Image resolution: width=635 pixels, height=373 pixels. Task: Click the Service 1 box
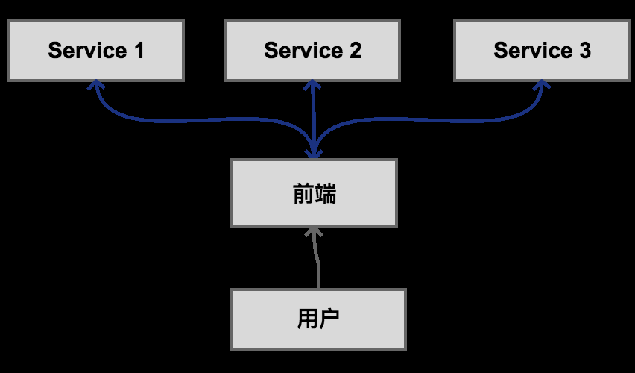(x=95, y=51)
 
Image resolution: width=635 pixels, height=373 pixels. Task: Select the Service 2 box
(x=312, y=51)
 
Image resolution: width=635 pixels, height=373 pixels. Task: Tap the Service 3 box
(x=542, y=51)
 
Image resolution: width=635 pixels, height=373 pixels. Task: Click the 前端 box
(x=313, y=192)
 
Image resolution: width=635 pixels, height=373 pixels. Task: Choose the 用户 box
(x=317, y=319)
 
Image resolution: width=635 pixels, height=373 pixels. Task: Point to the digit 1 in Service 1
(x=139, y=51)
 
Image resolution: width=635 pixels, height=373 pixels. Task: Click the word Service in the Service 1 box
(x=87, y=51)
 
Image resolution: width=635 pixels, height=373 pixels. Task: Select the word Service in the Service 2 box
(x=303, y=51)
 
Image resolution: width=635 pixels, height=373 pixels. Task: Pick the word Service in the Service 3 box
(x=532, y=51)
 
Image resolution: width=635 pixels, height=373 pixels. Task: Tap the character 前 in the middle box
(x=302, y=193)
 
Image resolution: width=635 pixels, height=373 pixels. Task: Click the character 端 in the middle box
(x=325, y=193)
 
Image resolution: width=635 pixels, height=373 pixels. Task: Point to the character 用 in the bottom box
(x=307, y=319)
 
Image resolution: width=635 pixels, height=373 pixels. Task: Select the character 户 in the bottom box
(x=329, y=319)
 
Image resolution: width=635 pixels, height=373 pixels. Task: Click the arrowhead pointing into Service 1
(x=95, y=85)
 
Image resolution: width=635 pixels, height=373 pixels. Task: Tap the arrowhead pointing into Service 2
(x=312, y=85)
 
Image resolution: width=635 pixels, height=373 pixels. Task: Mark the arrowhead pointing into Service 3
(x=542, y=85)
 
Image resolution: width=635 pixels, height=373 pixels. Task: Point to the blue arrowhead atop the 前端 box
(x=314, y=153)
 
